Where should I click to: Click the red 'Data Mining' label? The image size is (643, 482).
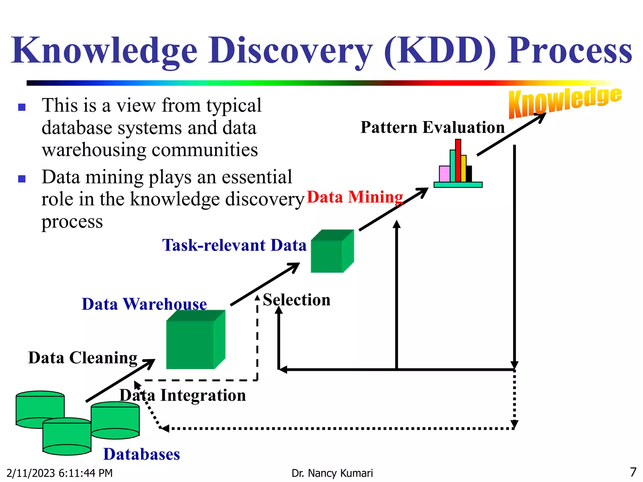pos(355,197)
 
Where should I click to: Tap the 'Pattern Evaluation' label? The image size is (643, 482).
pos(432,127)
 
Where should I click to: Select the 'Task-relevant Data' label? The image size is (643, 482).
pos(234,245)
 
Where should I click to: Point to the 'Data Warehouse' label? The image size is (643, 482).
pos(144,304)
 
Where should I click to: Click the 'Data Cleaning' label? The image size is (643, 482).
pos(83,358)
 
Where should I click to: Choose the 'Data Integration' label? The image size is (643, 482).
pos(183,395)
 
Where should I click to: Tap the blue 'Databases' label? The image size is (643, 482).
pos(142,454)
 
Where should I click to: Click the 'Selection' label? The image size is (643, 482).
pos(297,300)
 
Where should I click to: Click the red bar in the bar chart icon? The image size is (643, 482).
pos(458,160)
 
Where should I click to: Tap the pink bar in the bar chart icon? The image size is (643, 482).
pos(444,174)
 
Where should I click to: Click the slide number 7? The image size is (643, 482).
pos(633,472)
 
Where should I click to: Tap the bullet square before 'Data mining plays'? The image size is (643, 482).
pos(22,179)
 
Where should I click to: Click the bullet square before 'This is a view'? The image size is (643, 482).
pos(22,107)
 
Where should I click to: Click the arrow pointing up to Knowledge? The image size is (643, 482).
pos(512,134)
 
